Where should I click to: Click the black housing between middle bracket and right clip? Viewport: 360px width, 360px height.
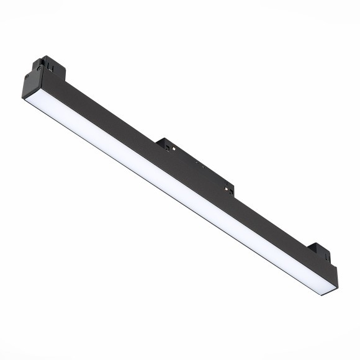pyautogui.click(x=267, y=214)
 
